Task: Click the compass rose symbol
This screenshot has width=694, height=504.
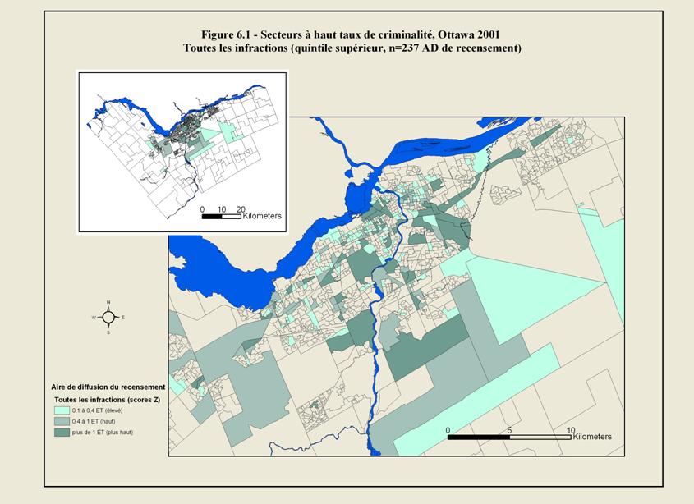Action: pos(108,317)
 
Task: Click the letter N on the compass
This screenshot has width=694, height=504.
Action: pos(108,302)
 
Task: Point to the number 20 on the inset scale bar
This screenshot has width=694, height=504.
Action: pos(241,208)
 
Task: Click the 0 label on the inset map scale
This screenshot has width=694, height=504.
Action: pos(202,208)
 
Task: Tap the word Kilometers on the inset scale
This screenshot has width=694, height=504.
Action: pos(262,216)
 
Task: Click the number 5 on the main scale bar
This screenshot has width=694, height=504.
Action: pos(509,429)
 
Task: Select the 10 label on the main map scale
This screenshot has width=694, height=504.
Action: pos(570,429)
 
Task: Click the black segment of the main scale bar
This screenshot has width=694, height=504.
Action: pos(478,438)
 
